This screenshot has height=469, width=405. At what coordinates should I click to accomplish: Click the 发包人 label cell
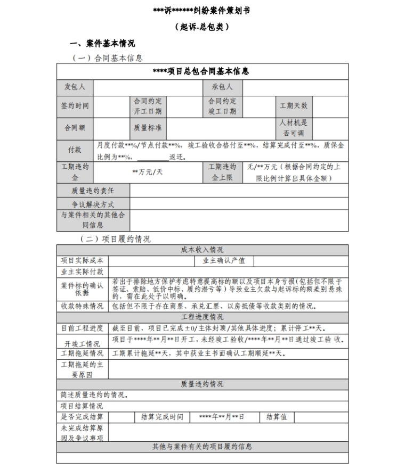pyautogui.click(x=75, y=87)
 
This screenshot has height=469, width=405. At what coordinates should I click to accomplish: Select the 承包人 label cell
pyautogui.click(x=222, y=87)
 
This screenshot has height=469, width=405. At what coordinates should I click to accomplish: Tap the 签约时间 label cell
pyautogui.click(x=75, y=106)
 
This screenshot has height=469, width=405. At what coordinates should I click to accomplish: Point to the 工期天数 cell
pyautogui.click(x=294, y=106)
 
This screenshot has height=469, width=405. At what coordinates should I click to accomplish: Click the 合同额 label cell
pyautogui.click(x=75, y=128)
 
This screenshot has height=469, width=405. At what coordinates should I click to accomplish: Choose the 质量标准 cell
pyautogui.click(x=148, y=128)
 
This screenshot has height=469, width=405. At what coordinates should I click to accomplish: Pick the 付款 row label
pyautogui.click(x=75, y=150)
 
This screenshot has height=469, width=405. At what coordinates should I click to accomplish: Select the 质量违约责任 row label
pyautogui.click(x=93, y=191)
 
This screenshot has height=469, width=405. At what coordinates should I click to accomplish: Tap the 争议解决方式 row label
pyautogui.click(x=93, y=204)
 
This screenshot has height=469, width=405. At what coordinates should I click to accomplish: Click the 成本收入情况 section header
pyautogui.click(x=203, y=250)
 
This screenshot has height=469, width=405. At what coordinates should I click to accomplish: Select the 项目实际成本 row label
pyautogui.click(x=83, y=261)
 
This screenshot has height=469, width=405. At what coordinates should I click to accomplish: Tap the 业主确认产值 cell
pyautogui.click(x=224, y=261)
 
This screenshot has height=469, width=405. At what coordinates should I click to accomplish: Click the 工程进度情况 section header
pyautogui.click(x=203, y=317)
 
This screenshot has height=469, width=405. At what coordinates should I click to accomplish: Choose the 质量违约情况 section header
pyautogui.click(x=203, y=384)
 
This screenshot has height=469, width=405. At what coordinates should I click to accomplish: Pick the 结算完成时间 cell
pyautogui.click(x=162, y=417)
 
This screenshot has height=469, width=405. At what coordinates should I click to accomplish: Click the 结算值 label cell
pyautogui.click(x=277, y=417)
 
